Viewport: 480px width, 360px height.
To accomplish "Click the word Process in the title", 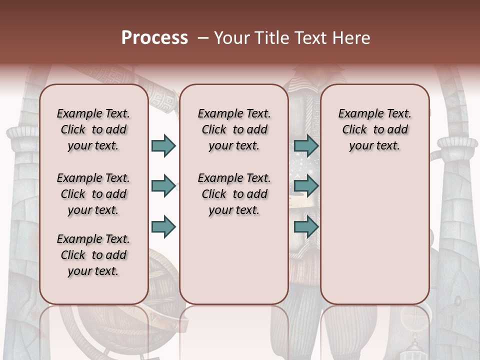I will [154, 38].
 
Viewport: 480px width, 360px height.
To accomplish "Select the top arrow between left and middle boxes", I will [163, 145].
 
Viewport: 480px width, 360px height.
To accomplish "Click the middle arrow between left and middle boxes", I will [163, 186].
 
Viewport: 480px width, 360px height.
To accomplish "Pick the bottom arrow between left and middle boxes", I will [163, 227].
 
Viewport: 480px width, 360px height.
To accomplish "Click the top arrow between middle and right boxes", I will [306, 145].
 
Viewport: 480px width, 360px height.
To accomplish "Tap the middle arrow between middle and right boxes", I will [306, 186].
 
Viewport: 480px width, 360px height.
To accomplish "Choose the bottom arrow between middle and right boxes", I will [306, 227].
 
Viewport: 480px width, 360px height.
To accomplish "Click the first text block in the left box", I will [93, 129].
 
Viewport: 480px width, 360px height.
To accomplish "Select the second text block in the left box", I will [93, 194].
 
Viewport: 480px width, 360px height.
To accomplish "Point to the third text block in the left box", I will [93, 255].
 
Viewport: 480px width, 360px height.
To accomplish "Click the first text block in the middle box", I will [234, 129].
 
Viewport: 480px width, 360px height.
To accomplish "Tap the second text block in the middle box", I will [234, 194].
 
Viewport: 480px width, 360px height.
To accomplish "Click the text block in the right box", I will [375, 129].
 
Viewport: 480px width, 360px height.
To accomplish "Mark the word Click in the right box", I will [354, 129].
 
